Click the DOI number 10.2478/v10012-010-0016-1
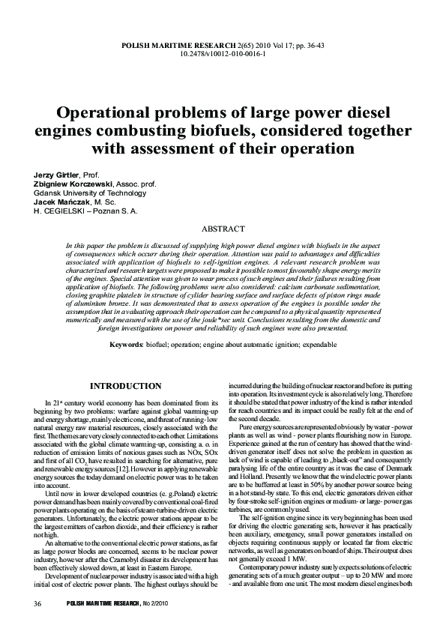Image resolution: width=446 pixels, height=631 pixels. point(223,55)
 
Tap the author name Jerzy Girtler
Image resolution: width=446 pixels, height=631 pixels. point(58,174)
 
